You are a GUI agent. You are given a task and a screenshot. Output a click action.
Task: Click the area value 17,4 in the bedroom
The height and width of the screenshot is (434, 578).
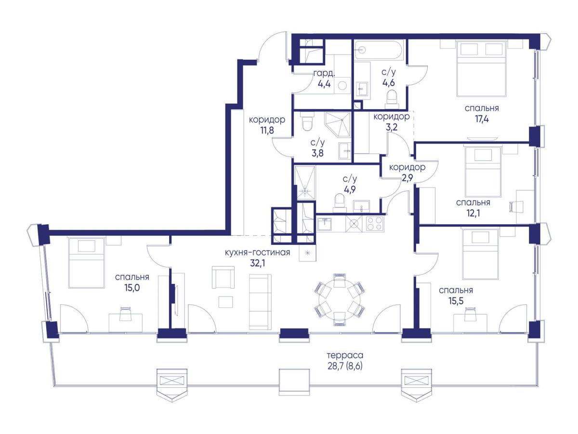pyautogui.click(x=482, y=119)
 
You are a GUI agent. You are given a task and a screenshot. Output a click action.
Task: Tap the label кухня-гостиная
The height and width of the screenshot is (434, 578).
pyautogui.click(x=257, y=252)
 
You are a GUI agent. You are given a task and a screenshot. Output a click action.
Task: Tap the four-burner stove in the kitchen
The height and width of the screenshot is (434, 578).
pyautogui.click(x=373, y=223)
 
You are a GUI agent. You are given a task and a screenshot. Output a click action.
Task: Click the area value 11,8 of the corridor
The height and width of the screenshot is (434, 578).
pyautogui.click(x=267, y=130)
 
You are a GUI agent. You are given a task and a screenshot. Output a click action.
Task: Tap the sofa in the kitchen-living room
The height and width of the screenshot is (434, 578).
pyautogui.click(x=260, y=302)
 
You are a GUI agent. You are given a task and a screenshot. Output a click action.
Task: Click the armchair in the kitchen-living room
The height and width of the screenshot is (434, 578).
pyautogui.click(x=223, y=277)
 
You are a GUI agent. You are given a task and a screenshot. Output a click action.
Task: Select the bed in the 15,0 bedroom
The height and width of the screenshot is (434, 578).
pyautogui.click(x=87, y=263)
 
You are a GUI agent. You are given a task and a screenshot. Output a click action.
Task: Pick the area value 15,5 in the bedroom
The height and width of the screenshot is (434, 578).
pyautogui.click(x=456, y=301)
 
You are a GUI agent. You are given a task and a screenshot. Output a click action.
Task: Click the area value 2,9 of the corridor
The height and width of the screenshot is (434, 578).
pyautogui.click(x=407, y=178)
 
